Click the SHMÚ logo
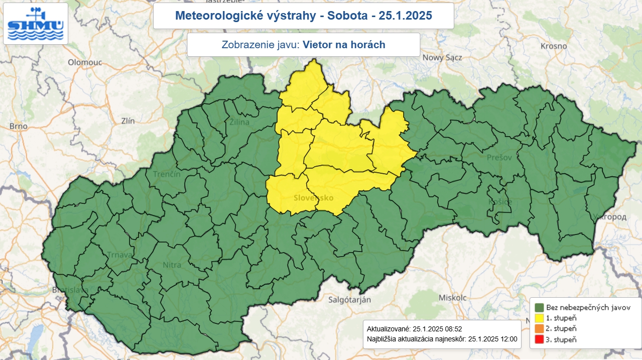click(35, 24)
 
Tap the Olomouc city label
click(85, 62)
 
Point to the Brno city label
click(18, 126)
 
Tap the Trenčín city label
click(166, 174)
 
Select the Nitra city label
click(172, 264)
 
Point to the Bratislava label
click(70, 290)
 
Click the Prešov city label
click(500, 158)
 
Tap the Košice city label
click(500, 202)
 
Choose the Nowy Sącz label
click(442, 57)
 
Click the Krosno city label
click(554, 46)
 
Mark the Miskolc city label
click(453, 297)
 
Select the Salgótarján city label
click(349, 300)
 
